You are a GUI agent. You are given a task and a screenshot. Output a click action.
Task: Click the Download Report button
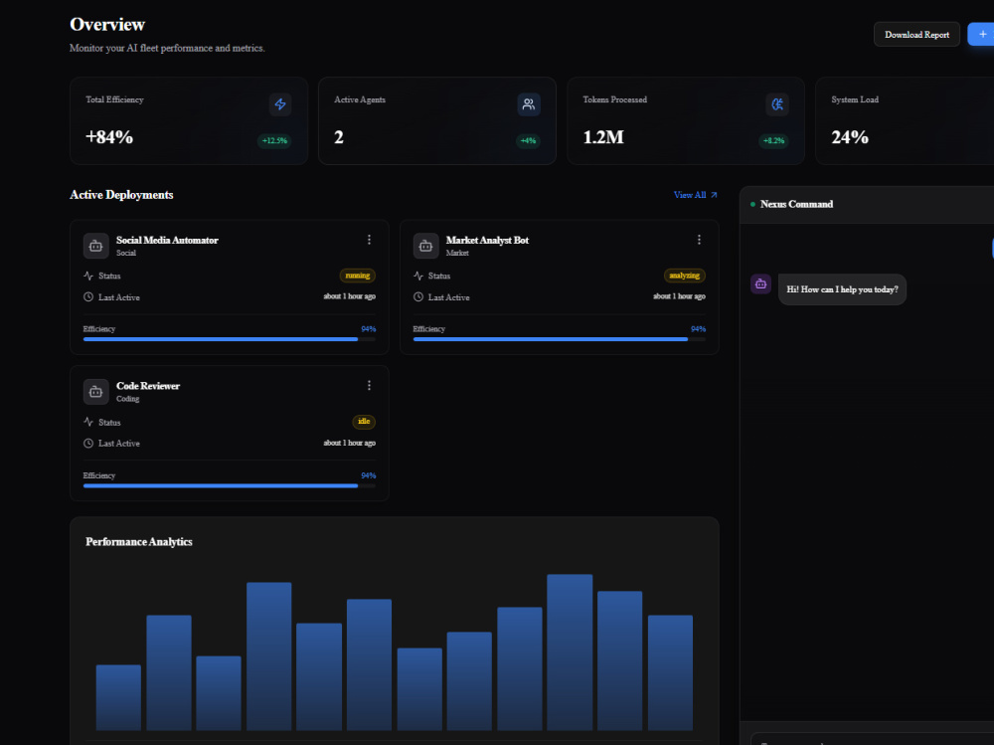click(x=916, y=34)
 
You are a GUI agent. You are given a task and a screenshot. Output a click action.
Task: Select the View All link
click(x=696, y=195)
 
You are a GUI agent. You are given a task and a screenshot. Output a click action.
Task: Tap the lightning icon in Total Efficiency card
click(x=280, y=104)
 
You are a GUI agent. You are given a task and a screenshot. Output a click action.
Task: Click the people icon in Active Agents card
click(x=529, y=104)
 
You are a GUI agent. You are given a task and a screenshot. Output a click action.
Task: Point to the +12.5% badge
click(x=274, y=140)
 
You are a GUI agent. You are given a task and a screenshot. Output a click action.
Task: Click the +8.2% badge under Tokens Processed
click(x=773, y=140)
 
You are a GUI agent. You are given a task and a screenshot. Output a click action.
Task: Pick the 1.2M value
click(x=603, y=137)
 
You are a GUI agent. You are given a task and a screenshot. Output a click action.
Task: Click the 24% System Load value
click(x=850, y=137)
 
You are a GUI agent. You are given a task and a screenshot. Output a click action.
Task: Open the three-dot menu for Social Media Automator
click(x=369, y=240)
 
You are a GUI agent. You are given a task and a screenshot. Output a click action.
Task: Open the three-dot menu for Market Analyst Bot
click(x=699, y=240)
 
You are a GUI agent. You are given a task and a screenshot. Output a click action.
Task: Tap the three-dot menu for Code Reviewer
click(x=369, y=385)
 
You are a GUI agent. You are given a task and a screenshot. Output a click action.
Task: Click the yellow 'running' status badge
click(x=358, y=276)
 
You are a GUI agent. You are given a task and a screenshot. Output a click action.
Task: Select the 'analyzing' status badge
click(x=685, y=276)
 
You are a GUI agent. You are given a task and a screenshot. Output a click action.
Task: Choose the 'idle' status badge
click(x=364, y=422)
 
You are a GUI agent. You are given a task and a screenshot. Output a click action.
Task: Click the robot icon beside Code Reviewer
click(x=95, y=392)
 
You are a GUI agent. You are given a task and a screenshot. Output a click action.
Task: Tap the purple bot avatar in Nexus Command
click(x=760, y=283)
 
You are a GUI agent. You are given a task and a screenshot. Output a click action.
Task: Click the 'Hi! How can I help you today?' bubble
click(x=843, y=289)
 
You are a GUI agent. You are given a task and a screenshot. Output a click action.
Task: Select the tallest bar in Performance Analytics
click(x=570, y=652)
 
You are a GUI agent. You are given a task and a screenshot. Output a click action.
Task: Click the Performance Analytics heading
click(x=139, y=541)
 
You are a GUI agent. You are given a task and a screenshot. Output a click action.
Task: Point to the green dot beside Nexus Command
click(x=752, y=204)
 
